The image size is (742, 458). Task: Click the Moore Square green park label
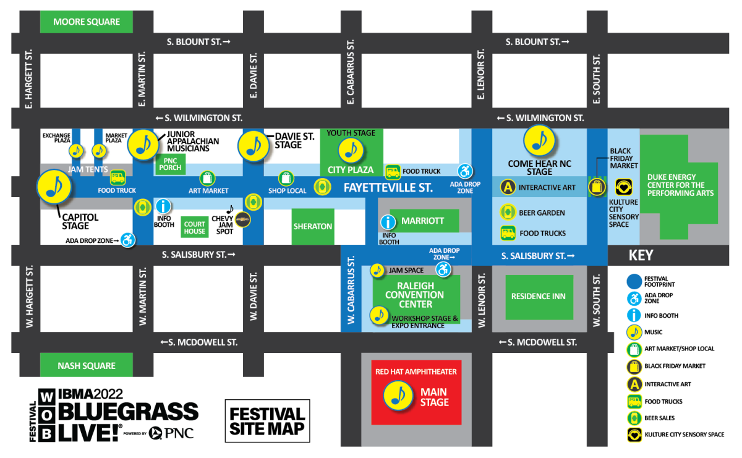click(x=86, y=22)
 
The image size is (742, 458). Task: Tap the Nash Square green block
click(x=86, y=365)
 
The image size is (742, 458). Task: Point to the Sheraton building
click(x=312, y=226)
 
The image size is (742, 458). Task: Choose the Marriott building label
click(x=422, y=221)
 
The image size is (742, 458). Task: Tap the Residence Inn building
click(x=538, y=297)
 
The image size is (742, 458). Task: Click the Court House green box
click(x=194, y=227)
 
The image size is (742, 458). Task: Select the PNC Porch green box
click(x=170, y=164)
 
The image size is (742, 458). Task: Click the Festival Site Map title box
click(x=267, y=421)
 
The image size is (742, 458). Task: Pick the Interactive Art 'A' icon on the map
click(x=508, y=187)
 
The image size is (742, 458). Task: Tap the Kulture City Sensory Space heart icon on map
click(x=623, y=187)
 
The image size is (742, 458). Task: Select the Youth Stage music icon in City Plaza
click(x=351, y=150)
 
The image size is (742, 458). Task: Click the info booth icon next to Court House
click(x=163, y=206)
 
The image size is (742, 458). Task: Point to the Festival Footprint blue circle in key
click(x=633, y=281)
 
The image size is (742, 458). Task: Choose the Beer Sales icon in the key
click(x=633, y=418)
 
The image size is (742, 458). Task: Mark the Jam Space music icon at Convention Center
click(x=377, y=270)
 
